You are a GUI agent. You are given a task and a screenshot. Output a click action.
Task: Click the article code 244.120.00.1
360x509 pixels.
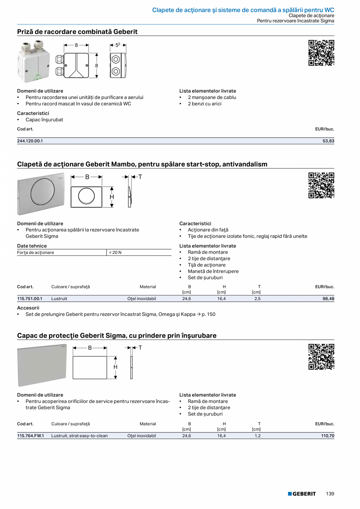(30, 141)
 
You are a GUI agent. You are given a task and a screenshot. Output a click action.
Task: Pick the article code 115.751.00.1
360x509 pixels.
(30, 299)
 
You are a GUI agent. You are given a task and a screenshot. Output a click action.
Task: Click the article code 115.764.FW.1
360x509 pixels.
(31, 435)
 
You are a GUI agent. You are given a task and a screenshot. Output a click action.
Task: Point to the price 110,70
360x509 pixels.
(328, 435)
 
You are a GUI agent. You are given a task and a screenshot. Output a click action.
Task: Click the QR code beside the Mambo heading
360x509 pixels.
(321, 185)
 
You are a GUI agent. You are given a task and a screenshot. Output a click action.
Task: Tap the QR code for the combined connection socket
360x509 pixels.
(321, 53)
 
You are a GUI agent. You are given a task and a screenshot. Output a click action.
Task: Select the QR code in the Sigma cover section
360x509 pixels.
(321, 356)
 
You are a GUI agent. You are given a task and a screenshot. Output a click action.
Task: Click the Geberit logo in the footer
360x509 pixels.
(302, 494)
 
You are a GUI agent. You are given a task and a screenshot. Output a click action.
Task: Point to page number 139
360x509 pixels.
(330, 494)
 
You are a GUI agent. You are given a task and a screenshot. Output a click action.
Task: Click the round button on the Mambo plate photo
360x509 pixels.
(41, 193)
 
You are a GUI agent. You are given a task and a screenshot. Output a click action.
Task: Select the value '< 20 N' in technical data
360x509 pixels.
(115, 252)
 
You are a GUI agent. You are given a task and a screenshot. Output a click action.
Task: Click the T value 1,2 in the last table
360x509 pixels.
(257, 435)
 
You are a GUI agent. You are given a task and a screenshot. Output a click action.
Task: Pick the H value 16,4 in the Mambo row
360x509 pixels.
(221, 299)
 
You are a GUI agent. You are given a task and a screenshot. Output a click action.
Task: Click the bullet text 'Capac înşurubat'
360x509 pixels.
(44, 120)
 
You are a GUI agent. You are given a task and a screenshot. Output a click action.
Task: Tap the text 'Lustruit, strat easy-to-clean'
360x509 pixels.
(79, 435)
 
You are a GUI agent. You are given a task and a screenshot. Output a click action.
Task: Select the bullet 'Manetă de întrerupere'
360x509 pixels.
(213, 271)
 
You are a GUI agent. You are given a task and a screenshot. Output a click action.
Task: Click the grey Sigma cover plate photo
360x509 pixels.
(42, 365)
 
